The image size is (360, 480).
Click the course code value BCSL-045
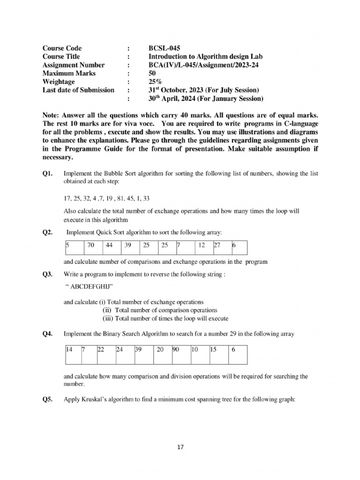click(x=164, y=48)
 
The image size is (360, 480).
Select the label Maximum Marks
click(x=69, y=74)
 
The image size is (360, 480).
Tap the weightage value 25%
click(x=156, y=82)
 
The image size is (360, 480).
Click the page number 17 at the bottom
click(x=180, y=447)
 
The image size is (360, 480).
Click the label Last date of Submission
click(x=78, y=90)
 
